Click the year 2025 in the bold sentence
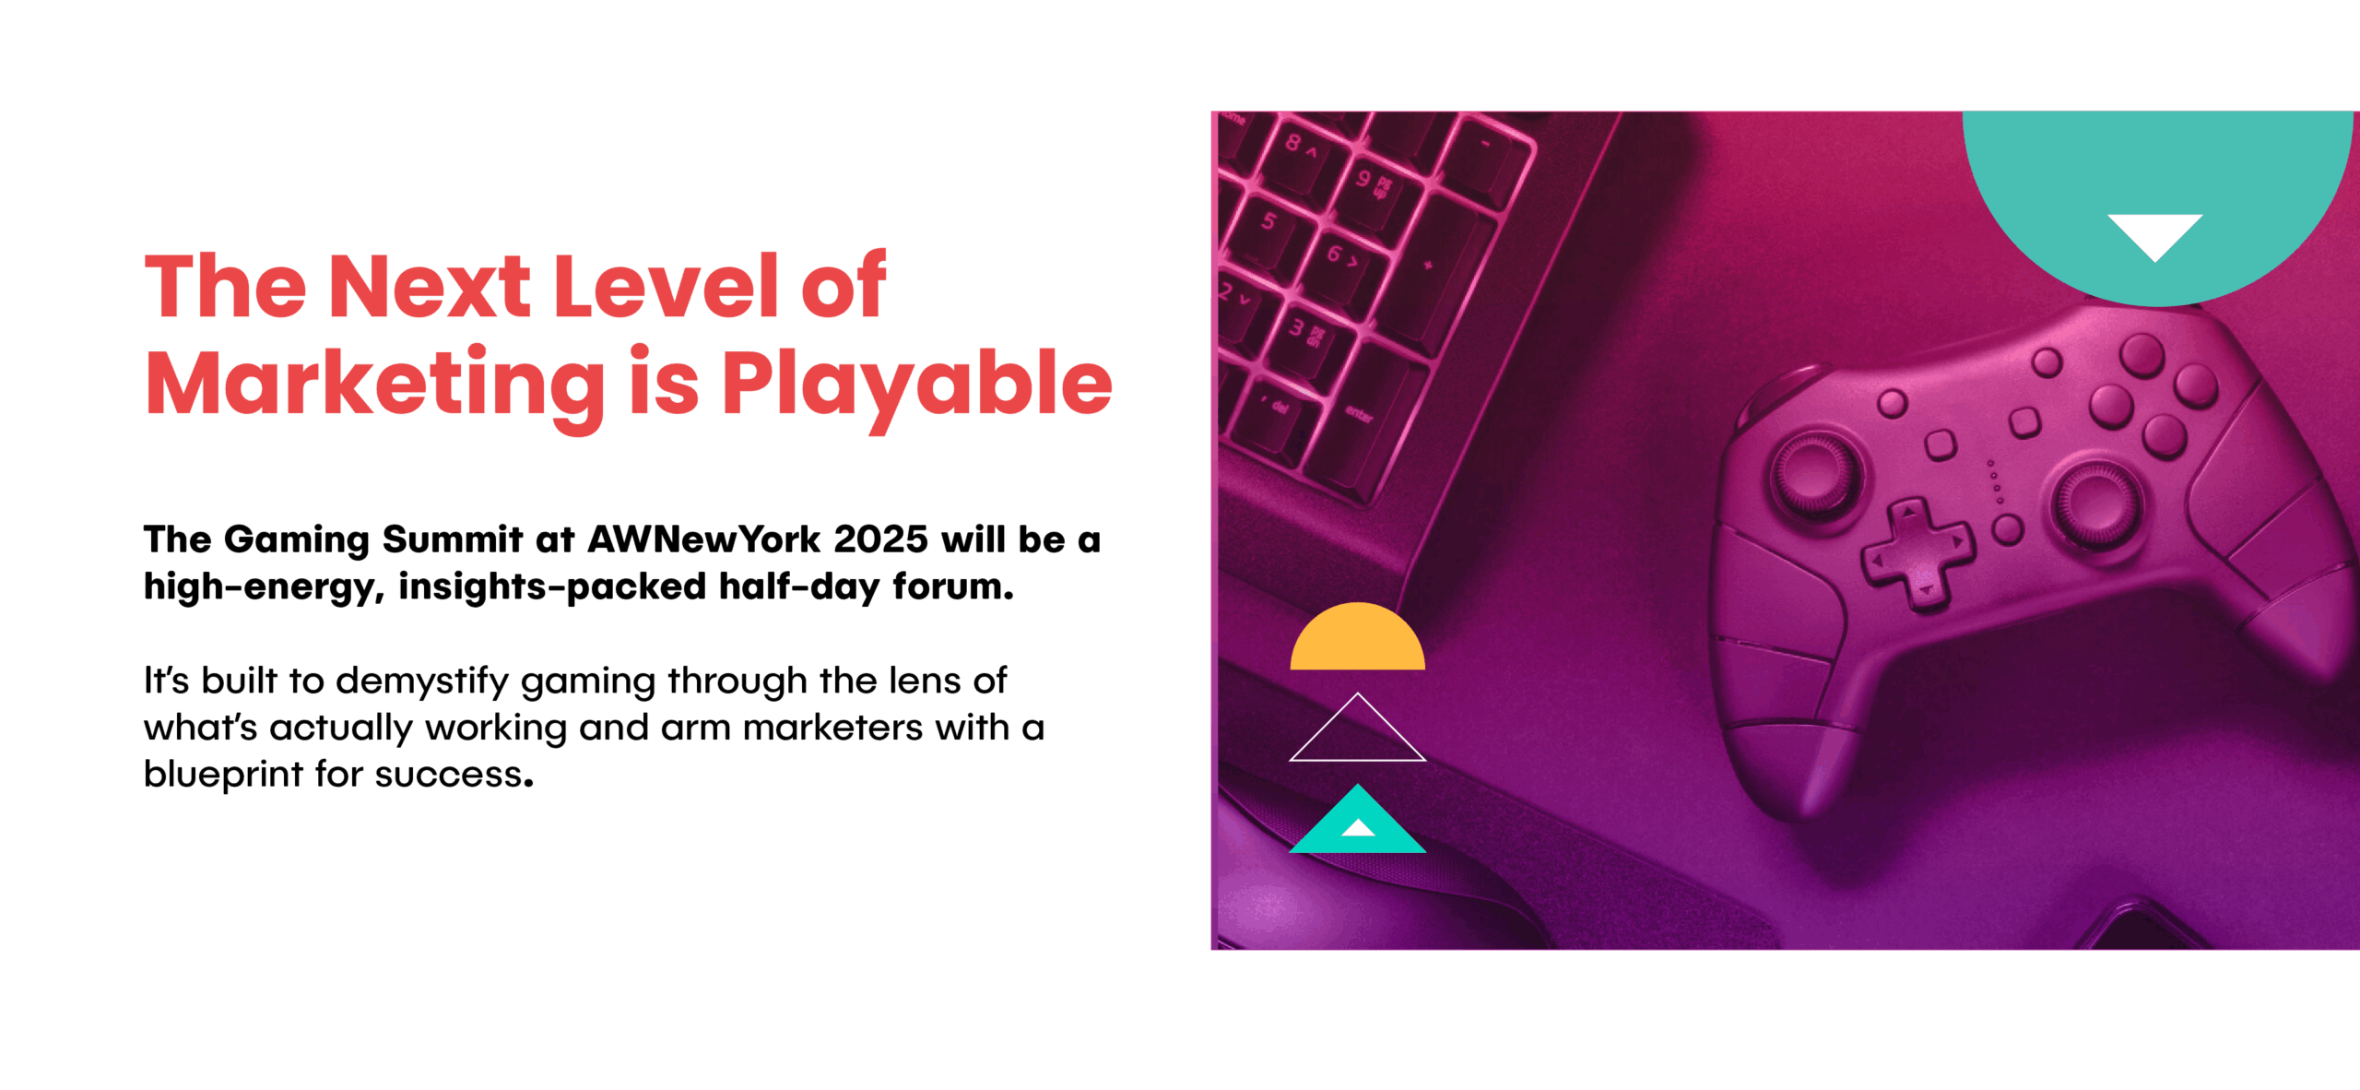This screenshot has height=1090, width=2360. point(879,539)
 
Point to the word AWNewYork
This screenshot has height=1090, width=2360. point(704,539)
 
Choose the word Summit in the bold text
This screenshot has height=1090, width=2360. point(453,539)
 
